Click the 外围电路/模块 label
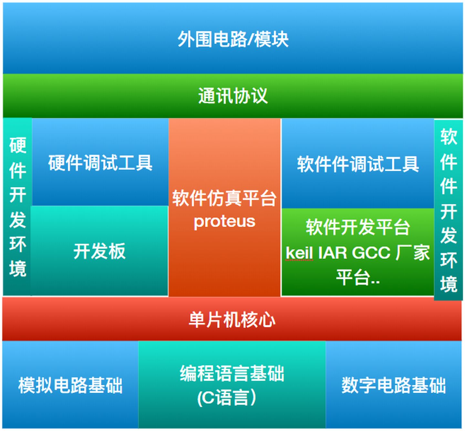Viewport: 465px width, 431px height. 233,39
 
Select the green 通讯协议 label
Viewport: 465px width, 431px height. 233,95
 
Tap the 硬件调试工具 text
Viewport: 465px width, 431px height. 100,162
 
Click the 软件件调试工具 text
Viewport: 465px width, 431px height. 358,164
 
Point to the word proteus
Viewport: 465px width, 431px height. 224,221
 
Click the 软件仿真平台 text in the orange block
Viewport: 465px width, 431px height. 224,198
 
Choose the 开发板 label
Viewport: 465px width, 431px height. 99,251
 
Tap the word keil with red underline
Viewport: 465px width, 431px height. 299,253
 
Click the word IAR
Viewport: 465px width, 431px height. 333,253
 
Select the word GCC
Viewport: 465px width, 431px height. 371,253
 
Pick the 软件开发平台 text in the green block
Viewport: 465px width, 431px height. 358,227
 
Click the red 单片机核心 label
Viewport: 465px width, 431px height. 232,319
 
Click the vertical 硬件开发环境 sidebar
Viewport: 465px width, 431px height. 17,207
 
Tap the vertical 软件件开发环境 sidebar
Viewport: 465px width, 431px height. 449,210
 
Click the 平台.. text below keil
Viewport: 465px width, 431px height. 358,278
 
